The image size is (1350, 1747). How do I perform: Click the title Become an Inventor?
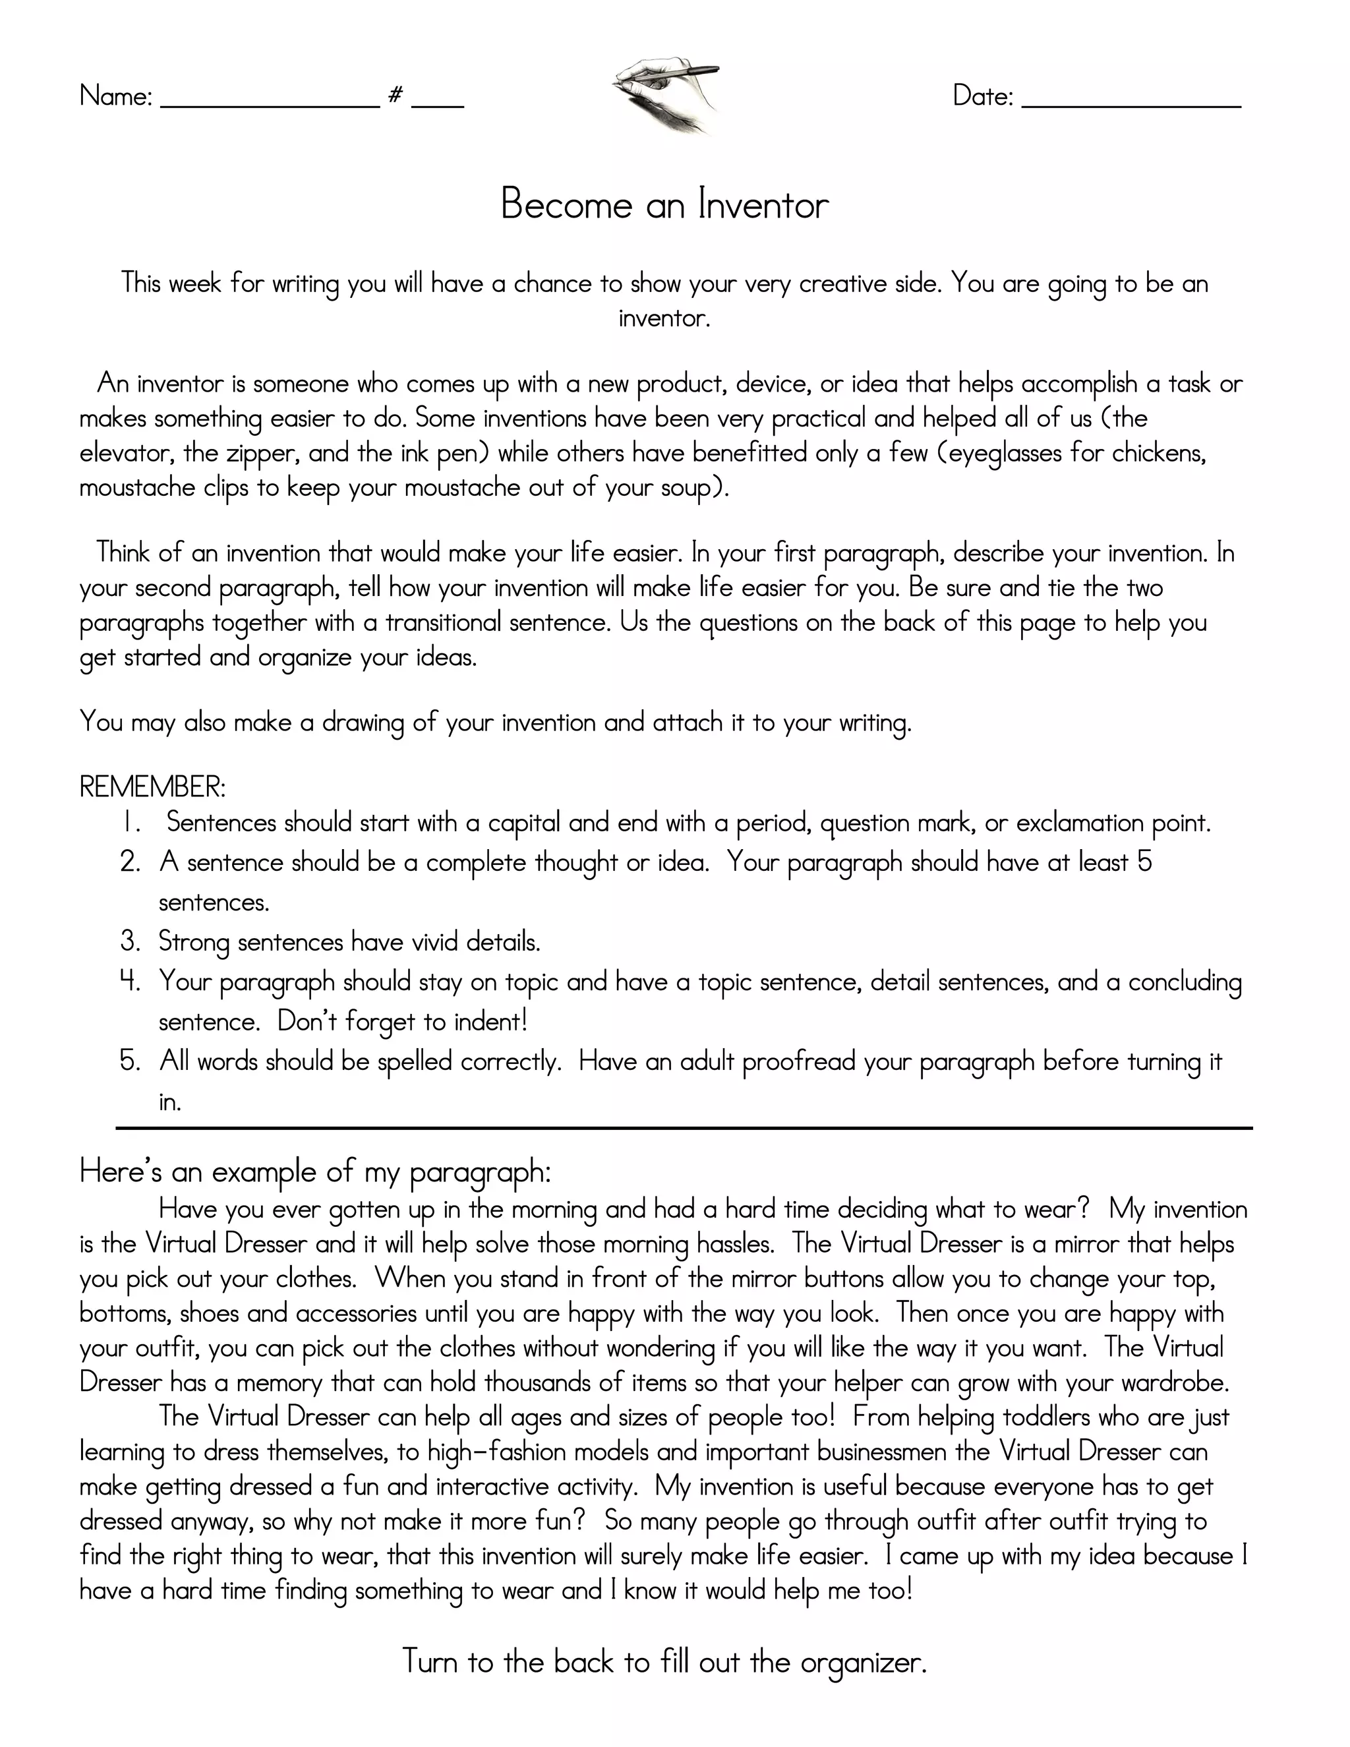[664, 205]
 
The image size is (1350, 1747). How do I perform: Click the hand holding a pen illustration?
[666, 94]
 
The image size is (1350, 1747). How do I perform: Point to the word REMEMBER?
[153, 787]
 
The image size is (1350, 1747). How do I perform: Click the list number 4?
[131, 981]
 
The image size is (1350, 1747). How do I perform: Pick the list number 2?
[131, 862]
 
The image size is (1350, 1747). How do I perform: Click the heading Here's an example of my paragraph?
[315, 1172]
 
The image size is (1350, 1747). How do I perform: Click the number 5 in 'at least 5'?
[1144, 862]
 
